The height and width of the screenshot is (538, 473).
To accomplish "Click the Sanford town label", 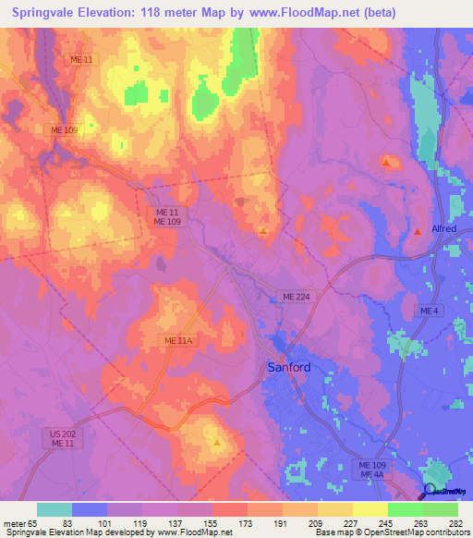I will [x=289, y=366].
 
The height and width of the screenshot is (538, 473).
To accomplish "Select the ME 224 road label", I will [x=297, y=296].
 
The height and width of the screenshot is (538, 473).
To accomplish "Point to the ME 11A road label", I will [x=176, y=341].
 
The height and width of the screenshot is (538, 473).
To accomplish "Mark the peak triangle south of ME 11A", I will [x=217, y=442].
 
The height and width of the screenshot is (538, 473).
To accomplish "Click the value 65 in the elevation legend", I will [x=37, y=523].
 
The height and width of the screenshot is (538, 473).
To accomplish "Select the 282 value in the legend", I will [x=457, y=523].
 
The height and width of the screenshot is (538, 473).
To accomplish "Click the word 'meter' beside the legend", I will [x=15, y=523].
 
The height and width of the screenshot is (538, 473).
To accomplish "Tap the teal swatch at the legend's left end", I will [x=55, y=509].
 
